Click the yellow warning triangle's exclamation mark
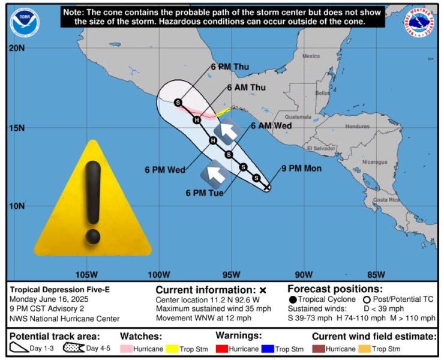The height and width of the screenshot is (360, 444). [92, 201]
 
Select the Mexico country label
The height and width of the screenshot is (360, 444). [311, 56]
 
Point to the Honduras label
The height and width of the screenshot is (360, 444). [357, 127]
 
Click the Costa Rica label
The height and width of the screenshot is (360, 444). [386, 200]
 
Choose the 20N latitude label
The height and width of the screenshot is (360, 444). [16, 49]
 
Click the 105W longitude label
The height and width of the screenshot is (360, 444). [88, 275]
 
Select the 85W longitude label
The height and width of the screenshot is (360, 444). [376, 275]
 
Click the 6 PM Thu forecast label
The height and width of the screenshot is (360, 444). [229, 67]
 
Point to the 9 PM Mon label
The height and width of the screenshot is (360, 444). [301, 169]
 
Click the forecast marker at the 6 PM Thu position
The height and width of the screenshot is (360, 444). [178, 103]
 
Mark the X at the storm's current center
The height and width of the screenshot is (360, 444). [267, 187]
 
